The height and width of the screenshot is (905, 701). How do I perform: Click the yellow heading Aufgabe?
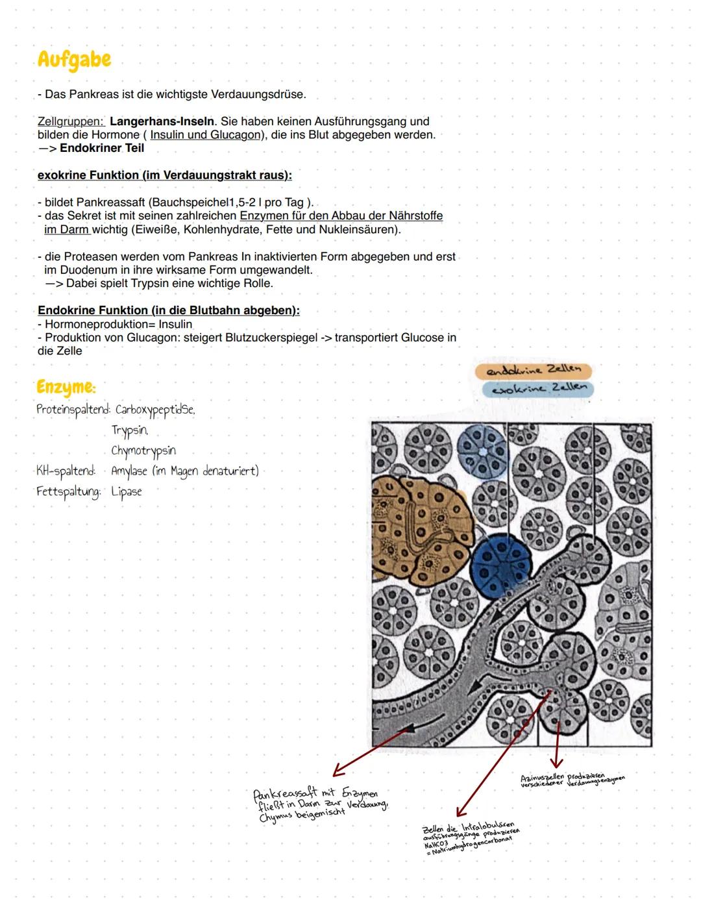point(74,60)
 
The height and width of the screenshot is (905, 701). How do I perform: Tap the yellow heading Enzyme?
point(66,387)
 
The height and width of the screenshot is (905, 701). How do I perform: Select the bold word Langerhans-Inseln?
point(162,121)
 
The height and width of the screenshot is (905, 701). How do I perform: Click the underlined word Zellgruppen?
point(70,121)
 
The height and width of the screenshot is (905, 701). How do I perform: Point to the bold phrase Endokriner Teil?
point(101,148)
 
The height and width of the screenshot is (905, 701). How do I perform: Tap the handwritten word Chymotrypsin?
point(143,451)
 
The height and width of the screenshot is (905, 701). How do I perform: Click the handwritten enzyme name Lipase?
point(126,491)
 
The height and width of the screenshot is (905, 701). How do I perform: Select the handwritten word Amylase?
point(129,471)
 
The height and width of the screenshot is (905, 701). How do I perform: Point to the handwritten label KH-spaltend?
point(66,471)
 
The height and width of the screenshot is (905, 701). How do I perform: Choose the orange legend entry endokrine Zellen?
point(533,370)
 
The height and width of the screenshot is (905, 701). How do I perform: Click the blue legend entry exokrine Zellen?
point(537,389)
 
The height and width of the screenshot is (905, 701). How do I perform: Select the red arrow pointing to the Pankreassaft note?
point(370,752)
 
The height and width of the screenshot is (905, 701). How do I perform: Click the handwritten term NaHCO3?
point(435,844)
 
